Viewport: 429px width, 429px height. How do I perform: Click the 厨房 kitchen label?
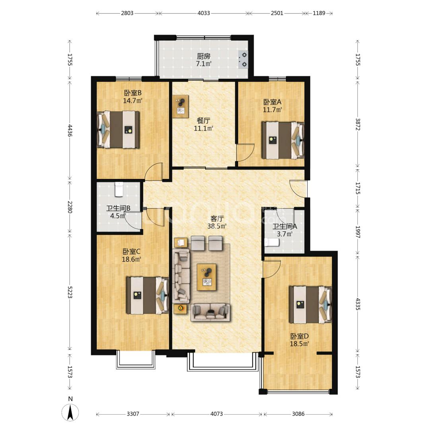tap(204, 56)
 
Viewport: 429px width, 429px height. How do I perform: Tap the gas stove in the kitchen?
tap(243, 60)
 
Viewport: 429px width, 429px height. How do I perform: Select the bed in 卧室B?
tap(118, 129)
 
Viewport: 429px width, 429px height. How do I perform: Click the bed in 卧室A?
tap(283, 140)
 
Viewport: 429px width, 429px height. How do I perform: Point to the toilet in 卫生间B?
tap(119, 189)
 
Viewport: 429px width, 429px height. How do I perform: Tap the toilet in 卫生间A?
tap(272, 243)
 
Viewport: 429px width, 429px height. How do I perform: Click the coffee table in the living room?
tap(207, 277)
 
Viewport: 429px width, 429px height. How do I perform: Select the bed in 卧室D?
tap(311, 305)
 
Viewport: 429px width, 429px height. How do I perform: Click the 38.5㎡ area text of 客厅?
tap(217, 226)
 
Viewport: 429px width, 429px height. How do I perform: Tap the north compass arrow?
tap(70, 412)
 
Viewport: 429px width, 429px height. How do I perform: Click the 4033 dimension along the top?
tap(204, 13)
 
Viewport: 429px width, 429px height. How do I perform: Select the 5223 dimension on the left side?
tap(70, 293)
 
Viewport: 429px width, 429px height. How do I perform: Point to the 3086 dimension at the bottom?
tap(298, 414)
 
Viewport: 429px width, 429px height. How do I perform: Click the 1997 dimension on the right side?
tap(358, 232)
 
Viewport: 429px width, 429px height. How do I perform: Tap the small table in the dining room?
tap(181, 107)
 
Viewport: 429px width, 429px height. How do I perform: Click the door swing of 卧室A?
tap(245, 152)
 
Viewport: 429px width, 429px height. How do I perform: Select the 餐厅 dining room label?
tap(204, 120)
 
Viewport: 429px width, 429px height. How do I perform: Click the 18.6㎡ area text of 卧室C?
tap(131, 259)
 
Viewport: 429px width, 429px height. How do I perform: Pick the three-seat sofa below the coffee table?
tap(210, 312)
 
